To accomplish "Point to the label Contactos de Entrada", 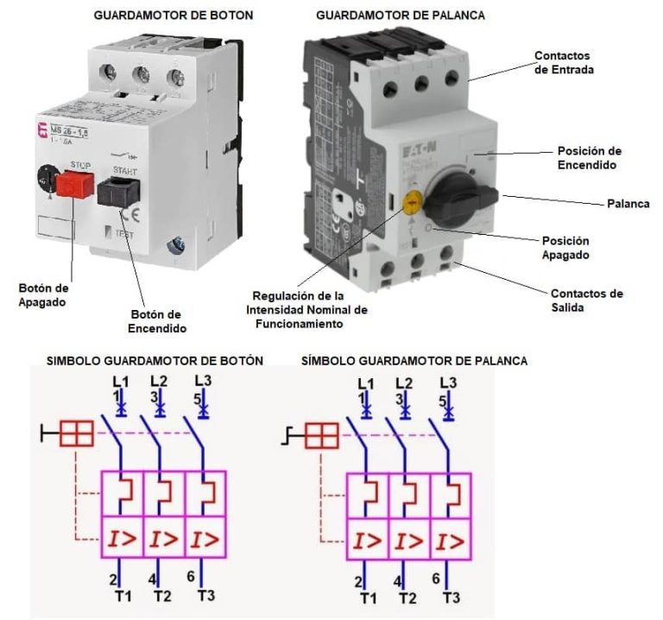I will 564,62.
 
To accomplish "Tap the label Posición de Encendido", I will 590,158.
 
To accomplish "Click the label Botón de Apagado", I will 42,294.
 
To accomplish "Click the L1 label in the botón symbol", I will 120,380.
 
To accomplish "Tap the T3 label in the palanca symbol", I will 451,598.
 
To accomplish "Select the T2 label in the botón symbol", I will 161,596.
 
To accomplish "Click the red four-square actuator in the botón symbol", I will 76,433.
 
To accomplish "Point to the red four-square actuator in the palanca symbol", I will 321,435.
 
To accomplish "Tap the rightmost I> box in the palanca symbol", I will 449,542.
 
